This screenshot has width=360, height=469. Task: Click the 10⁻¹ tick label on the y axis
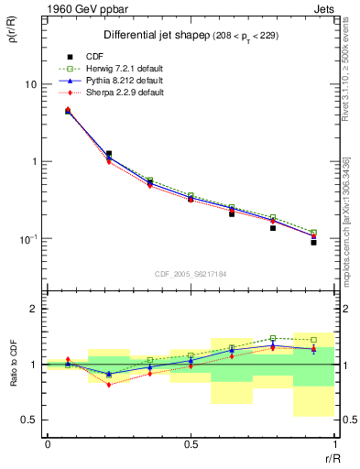point(27,239)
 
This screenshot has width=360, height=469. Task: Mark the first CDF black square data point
point(68,113)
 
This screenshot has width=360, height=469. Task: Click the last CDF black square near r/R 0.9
point(313,243)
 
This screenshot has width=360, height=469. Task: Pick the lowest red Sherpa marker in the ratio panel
point(109,385)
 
